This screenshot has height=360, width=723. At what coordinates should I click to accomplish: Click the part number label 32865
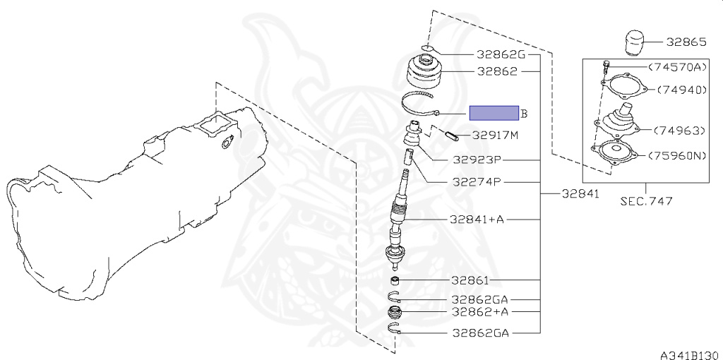[686, 42]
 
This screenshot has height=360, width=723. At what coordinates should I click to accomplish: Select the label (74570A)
[677, 67]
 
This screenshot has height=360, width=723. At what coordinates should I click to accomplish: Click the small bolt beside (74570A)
[607, 67]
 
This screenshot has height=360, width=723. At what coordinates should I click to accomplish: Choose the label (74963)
[679, 131]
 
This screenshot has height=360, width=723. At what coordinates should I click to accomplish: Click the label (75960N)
[677, 156]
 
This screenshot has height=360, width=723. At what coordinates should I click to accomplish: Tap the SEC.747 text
[645, 201]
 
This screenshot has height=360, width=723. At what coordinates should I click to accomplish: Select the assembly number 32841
[580, 193]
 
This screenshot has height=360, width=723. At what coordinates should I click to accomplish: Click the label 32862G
[501, 55]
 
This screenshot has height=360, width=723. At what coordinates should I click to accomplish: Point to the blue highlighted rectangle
[494, 112]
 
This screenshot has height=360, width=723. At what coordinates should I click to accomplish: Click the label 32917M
[496, 136]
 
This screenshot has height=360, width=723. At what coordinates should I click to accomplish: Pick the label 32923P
[477, 160]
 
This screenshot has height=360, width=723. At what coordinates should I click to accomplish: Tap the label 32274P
[477, 182]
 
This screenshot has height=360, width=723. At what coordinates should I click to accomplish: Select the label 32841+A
[477, 220]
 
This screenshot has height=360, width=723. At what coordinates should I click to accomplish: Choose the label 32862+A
[479, 311]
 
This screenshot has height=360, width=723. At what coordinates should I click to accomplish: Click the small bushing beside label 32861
[395, 280]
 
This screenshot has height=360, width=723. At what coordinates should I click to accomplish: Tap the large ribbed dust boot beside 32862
[424, 72]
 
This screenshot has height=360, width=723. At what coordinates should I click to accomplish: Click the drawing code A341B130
[691, 355]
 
